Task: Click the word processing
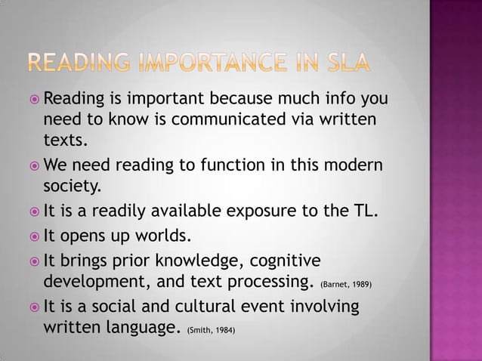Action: point(265,284)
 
